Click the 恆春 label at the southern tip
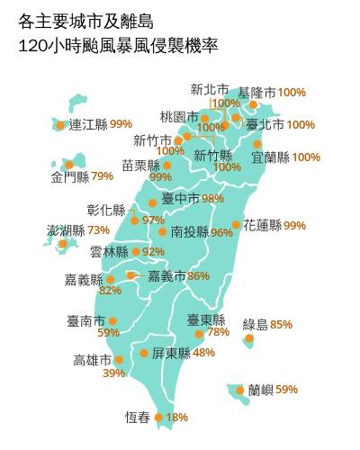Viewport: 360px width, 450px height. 137,418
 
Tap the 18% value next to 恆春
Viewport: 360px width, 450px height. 177,418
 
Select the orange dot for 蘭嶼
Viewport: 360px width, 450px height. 240,390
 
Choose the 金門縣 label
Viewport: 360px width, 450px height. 70,176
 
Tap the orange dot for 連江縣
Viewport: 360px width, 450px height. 60,125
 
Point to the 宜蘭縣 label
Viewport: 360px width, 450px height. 270,157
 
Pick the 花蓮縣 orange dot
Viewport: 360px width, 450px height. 236,225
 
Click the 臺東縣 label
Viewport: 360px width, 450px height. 205,319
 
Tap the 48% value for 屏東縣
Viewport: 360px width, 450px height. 203,353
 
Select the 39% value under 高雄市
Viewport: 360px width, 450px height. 114,373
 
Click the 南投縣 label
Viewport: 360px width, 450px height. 189,232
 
